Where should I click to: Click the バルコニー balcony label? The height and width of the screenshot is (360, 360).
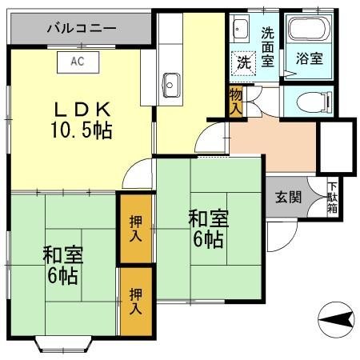pos(82,28)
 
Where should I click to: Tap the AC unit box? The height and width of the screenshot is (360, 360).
pos(78,61)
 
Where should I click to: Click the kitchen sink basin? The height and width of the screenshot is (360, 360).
pos(170,81)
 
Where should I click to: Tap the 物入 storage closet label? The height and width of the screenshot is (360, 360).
pos(234,102)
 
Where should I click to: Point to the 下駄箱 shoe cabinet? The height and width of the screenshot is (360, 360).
pos(332,198)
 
